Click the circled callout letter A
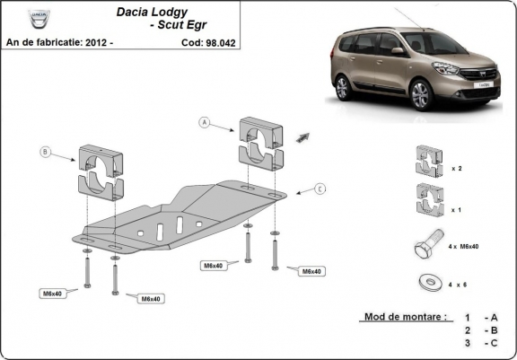205,122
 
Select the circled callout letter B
45,153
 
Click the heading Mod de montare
405,318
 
